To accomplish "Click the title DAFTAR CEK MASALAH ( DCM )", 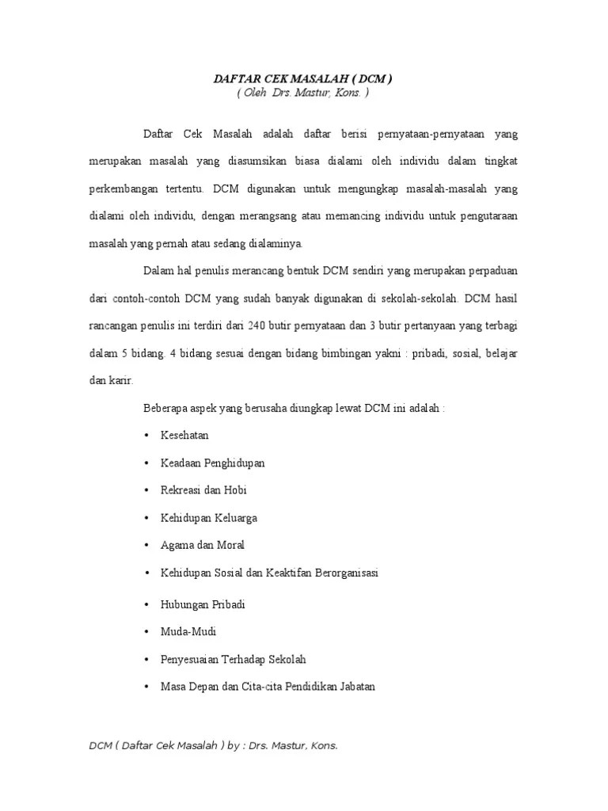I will pos(303,79).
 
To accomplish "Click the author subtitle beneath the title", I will pos(303,93).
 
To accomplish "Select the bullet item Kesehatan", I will pos(184,436).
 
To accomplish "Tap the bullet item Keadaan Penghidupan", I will pos(212,463).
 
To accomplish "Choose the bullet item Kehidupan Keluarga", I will pos(208,518).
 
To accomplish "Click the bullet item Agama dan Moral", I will pos(202,545).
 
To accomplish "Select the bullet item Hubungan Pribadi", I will pos(203,604).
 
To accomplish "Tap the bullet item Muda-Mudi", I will pos(188,631).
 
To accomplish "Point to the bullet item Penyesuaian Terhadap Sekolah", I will pos(233,659).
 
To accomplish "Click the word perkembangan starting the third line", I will pos(121,189).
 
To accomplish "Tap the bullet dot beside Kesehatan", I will pos(147,436).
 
